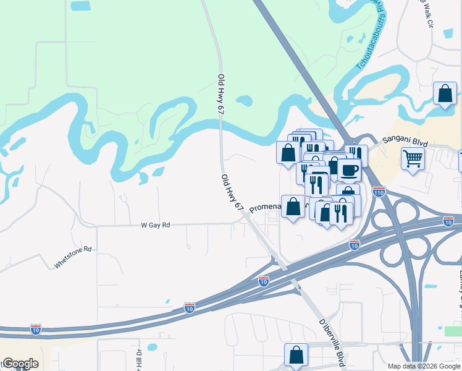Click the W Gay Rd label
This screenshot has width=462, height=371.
(x=156, y=226)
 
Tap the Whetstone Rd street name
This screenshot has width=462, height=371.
(x=73, y=258)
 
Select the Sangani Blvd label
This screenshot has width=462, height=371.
(x=405, y=142)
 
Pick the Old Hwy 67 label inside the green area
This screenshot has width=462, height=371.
(x=220, y=93)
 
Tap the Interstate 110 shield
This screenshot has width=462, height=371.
(x=379, y=192)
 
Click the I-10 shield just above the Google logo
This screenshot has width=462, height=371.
(x=36, y=329)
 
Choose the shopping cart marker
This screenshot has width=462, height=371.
(x=413, y=158)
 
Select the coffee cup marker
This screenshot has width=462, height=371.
(x=349, y=169)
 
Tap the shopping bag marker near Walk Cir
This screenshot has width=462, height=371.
(x=445, y=94)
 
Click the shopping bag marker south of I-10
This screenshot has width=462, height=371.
(x=296, y=355)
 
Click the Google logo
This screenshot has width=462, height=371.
(x=20, y=364)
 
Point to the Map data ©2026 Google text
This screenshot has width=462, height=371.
(x=423, y=366)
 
